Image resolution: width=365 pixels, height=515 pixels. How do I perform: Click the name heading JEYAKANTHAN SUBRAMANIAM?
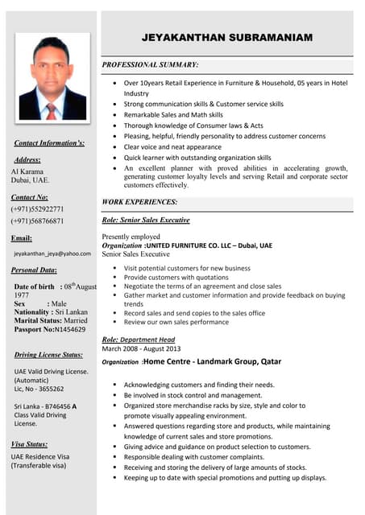(x=228, y=38)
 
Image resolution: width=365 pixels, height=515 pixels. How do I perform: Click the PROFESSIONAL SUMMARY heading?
(x=150, y=64)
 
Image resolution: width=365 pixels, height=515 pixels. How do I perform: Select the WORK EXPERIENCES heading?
(x=139, y=201)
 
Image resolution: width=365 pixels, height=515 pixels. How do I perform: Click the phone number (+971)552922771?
(x=37, y=209)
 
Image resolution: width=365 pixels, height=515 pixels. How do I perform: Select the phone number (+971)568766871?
(x=37, y=220)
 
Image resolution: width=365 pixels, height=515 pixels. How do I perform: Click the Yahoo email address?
(x=52, y=253)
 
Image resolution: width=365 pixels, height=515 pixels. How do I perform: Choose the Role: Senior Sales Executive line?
(x=146, y=220)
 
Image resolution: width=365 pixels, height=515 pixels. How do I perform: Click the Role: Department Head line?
(x=138, y=340)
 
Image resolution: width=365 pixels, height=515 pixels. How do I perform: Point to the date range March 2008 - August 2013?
(x=142, y=349)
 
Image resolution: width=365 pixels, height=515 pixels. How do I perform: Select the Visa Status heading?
(x=29, y=444)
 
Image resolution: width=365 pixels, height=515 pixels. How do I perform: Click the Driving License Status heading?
(x=48, y=355)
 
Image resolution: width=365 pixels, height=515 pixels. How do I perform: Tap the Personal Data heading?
(x=34, y=270)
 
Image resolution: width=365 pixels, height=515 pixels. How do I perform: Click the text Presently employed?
(x=131, y=237)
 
